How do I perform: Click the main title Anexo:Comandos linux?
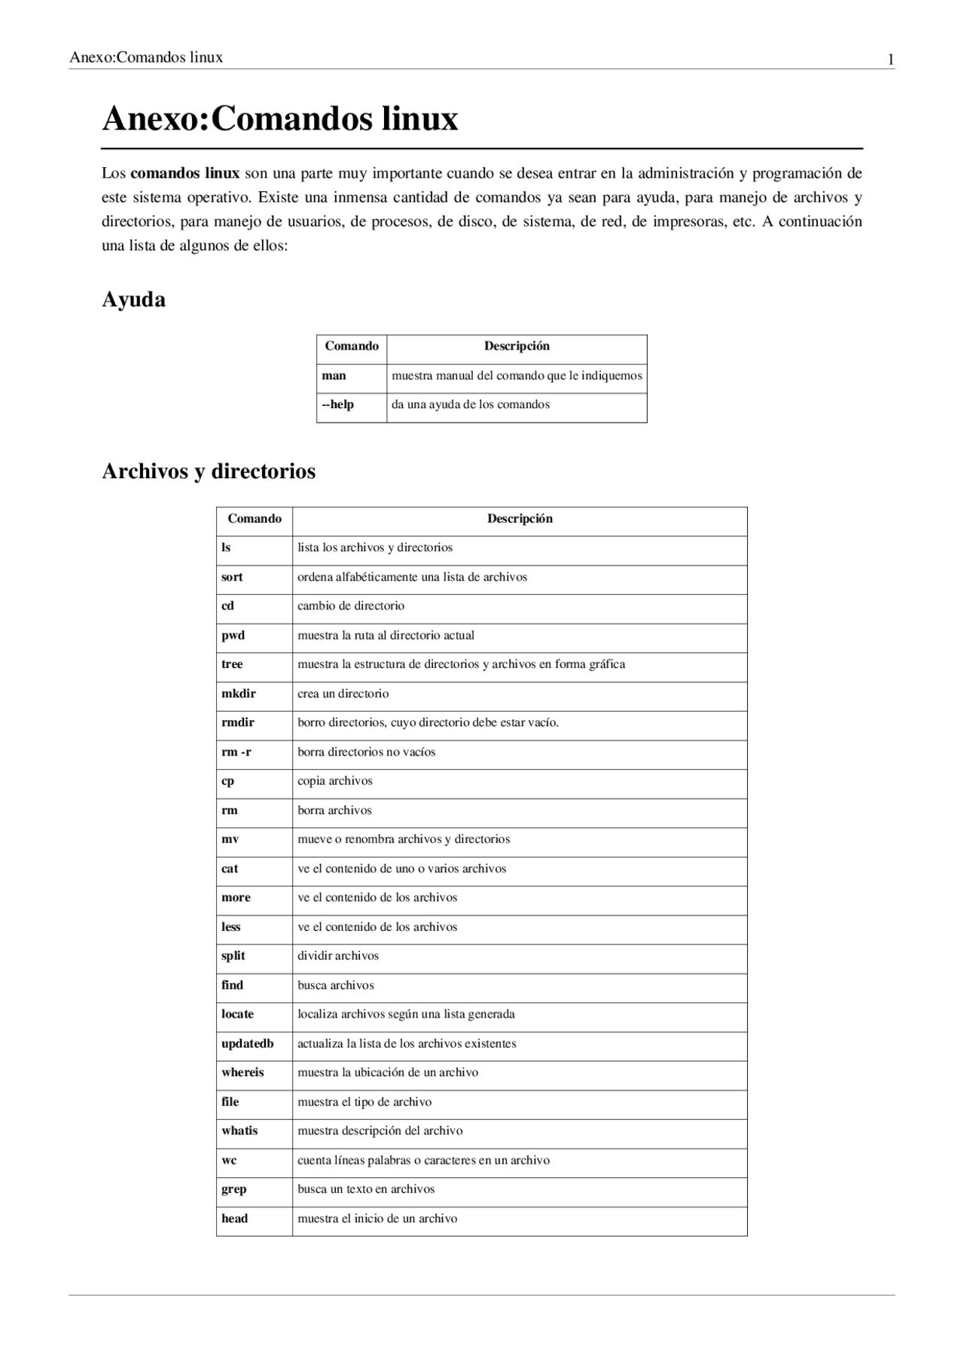279,119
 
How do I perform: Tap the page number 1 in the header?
891,60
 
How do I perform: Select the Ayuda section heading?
133,300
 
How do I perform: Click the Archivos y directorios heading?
209,471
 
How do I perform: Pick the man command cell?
334,376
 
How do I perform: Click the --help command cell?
338,404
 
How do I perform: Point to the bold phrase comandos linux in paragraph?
185,173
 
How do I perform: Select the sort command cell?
232,577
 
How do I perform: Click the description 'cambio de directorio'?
351,606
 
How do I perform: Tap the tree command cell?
232,664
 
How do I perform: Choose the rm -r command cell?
236,752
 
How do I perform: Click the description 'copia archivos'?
335,781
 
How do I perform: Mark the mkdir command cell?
239,694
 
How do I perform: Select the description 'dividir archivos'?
338,956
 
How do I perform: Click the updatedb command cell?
248,1044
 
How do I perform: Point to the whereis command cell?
243,1073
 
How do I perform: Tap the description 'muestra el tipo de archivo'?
365,1102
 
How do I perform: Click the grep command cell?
234,1189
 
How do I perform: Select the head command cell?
235,1219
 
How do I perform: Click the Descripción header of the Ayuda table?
517,346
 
